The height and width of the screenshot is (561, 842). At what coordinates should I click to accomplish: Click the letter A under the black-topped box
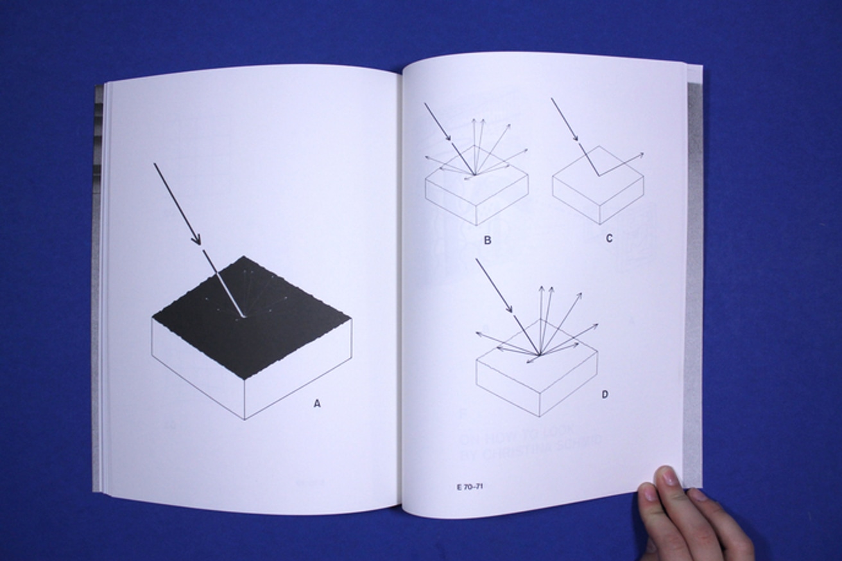coord(316,404)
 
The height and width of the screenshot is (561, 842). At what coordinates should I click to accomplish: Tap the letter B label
coord(488,240)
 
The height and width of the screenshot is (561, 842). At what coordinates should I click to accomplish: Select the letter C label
coord(609,238)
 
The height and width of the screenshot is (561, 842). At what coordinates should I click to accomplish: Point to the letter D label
coord(605,395)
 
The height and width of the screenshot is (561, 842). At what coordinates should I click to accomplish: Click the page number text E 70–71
coord(470,486)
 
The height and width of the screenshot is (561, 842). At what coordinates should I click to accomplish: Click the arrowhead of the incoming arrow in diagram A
coord(197,240)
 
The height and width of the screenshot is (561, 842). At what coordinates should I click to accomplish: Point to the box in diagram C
coord(598,190)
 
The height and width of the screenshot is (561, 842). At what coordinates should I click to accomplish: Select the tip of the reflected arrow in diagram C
coord(642,154)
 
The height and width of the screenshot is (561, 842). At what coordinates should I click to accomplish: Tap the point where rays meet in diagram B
coord(475,174)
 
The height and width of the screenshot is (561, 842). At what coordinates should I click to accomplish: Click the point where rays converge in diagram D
coord(540,355)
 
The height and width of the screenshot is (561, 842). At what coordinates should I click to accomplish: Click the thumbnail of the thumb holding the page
coord(668,476)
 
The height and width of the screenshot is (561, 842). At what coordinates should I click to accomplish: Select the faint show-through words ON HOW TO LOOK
coord(519,429)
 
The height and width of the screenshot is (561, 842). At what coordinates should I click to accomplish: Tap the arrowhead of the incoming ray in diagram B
coord(449,138)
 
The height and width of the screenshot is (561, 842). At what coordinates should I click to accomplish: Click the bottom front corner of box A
coord(245,419)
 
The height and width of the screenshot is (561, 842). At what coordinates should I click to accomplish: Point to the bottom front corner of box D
coord(539,416)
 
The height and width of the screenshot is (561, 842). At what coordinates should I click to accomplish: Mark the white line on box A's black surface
coord(224,285)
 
